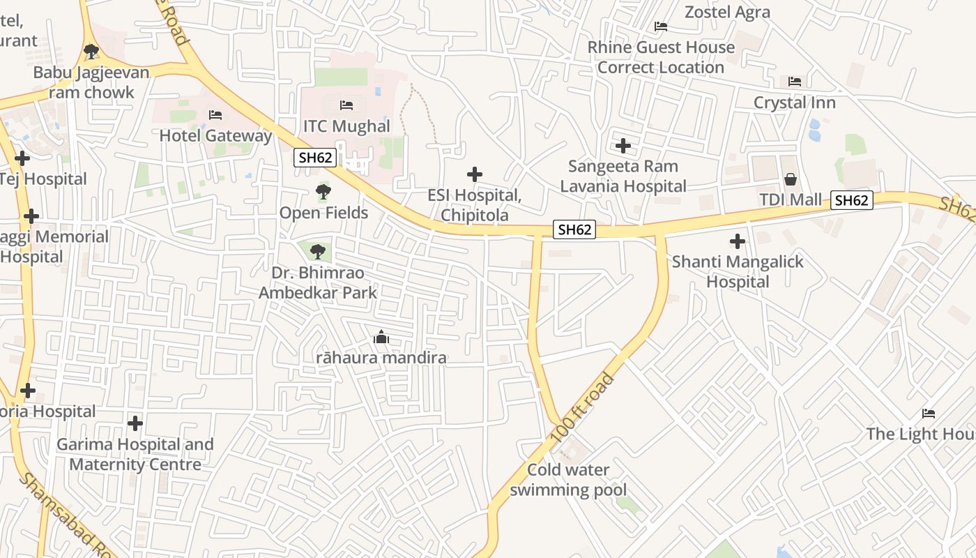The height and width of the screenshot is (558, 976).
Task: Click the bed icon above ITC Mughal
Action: pyautogui.click(x=346, y=105)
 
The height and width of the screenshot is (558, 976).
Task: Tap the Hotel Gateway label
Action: pyautogui.click(x=215, y=135)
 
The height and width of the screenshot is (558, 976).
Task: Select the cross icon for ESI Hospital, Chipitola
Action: pyautogui.click(x=475, y=174)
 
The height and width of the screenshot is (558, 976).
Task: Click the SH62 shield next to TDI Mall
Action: pyautogui.click(x=851, y=200)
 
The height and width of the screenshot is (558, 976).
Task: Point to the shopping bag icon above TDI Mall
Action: pyautogui.click(x=790, y=179)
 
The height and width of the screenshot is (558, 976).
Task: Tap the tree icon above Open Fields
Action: pyautogui.click(x=323, y=191)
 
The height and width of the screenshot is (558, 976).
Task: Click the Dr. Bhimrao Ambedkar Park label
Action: pyautogui.click(x=318, y=282)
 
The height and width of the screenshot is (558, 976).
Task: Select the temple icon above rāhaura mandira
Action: pyautogui.click(x=381, y=338)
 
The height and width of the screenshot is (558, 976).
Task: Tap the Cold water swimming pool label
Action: pyautogui.click(x=568, y=480)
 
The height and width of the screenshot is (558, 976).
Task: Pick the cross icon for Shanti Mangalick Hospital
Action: pyautogui.click(x=737, y=242)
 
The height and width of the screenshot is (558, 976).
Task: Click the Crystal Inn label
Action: pyautogui.click(x=794, y=103)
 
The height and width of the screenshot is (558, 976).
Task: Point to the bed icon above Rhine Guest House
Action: pyautogui.click(x=661, y=27)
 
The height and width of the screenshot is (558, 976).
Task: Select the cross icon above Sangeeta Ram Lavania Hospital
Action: pyautogui.click(x=623, y=146)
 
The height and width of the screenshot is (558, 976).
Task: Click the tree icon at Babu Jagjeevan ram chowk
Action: pyautogui.click(x=91, y=51)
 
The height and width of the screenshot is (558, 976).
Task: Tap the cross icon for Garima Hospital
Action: pyautogui.click(x=135, y=423)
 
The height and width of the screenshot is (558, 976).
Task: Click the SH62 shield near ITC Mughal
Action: pyautogui.click(x=315, y=158)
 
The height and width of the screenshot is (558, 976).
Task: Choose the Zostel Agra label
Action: pyautogui.click(x=727, y=12)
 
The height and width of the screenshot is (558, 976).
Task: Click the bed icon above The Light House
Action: pyautogui.click(x=928, y=413)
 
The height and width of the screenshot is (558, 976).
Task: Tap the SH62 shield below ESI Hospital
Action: pyautogui.click(x=574, y=229)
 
